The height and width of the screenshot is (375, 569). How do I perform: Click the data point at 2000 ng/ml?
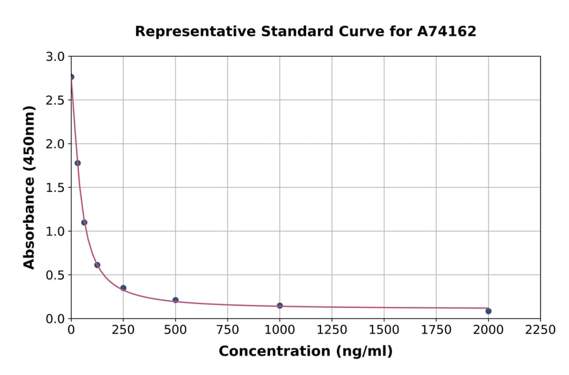(488, 311)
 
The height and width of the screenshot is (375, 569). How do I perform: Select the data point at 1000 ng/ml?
(279, 306)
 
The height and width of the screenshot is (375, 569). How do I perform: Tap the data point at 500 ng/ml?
(175, 300)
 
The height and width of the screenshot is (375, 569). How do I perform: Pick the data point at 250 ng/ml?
(123, 288)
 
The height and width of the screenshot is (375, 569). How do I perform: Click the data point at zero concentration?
(71, 77)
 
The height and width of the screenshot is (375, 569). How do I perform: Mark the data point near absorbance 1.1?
(84, 222)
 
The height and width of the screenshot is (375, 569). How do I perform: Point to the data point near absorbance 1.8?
(78, 163)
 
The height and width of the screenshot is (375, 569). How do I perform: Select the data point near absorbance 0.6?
(97, 265)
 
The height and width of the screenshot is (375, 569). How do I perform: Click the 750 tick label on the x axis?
(228, 330)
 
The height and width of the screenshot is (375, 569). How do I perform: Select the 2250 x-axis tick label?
(541, 330)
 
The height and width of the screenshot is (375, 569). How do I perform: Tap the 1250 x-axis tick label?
(332, 330)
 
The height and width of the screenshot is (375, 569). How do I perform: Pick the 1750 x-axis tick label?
(436, 330)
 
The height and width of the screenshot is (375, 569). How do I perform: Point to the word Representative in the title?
(193, 31)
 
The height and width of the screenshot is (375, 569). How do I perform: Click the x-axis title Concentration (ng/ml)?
(305, 352)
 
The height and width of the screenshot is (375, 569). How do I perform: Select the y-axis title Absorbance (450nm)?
(29, 187)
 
